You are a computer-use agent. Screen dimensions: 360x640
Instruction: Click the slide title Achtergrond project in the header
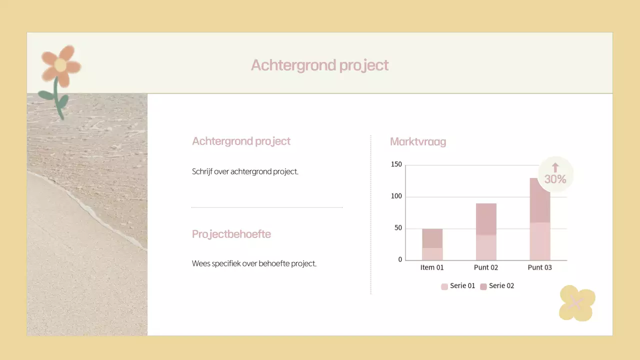[319, 65]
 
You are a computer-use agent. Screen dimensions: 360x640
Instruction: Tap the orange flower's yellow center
[60, 65]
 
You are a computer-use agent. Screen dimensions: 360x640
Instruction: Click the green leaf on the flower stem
[46, 94]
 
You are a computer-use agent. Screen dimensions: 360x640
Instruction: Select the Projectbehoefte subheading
[231, 234]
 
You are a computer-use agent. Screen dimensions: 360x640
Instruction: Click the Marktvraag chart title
[417, 141]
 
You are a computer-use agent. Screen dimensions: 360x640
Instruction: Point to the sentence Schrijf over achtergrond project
[245, 171]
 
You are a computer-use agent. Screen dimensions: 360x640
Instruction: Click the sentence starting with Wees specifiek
[254, 263]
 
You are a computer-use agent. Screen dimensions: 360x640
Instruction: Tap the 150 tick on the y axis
[396, 164]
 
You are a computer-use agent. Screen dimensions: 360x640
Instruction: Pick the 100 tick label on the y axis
[396, 196]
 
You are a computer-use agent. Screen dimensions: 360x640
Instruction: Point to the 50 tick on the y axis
[398, 228]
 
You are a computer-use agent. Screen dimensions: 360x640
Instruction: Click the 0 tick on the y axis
[400, 260]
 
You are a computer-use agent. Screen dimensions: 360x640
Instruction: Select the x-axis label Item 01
[432, 267]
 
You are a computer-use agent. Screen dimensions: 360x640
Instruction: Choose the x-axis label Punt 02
[486, 267]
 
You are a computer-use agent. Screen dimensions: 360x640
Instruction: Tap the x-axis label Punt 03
[540, 267]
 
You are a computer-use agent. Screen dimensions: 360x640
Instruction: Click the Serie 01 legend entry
[458, 286]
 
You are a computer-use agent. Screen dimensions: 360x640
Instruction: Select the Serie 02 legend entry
[497, 286]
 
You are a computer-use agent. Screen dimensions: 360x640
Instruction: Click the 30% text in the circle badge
[555, 179]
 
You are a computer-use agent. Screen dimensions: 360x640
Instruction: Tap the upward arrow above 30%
[555, 167]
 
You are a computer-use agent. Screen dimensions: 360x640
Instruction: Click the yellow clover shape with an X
[576, 303]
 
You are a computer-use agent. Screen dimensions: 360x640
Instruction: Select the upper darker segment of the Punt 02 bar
[486, 219]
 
